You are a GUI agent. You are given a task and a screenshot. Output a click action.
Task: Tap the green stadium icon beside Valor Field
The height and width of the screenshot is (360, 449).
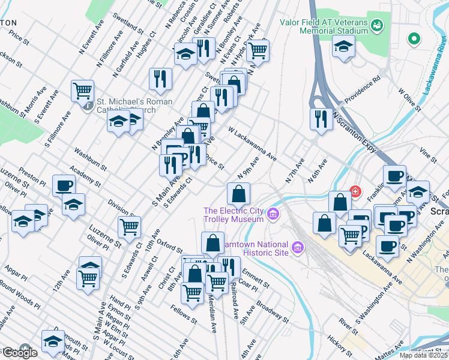pyautogui.click(x=377, y=25)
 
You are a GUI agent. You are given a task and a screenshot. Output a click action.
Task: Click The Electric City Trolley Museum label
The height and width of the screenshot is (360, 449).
pyautogui.click(x=234, y=215)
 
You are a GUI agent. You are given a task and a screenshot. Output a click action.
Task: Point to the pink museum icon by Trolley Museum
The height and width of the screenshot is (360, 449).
pyautogui.click(x=274, y=214)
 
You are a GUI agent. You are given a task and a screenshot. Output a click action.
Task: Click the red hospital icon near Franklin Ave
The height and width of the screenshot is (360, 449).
pyautogui.click(x=355, y=192)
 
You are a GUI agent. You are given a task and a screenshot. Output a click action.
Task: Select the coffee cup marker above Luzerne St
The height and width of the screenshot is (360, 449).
pyautogui.click(x=64, y=186)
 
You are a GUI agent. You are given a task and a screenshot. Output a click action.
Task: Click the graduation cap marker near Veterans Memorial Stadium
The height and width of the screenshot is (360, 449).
pyautogui.click(x=344, y=46)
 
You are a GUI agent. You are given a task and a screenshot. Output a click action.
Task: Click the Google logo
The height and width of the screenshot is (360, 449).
pyautogui.click(x=19, y=352)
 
